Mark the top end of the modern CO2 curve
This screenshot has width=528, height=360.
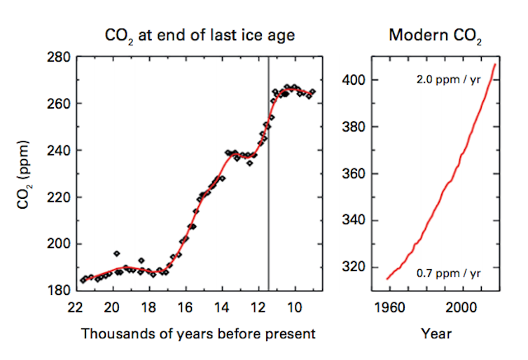pyautogui.click(x=495, y=64)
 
